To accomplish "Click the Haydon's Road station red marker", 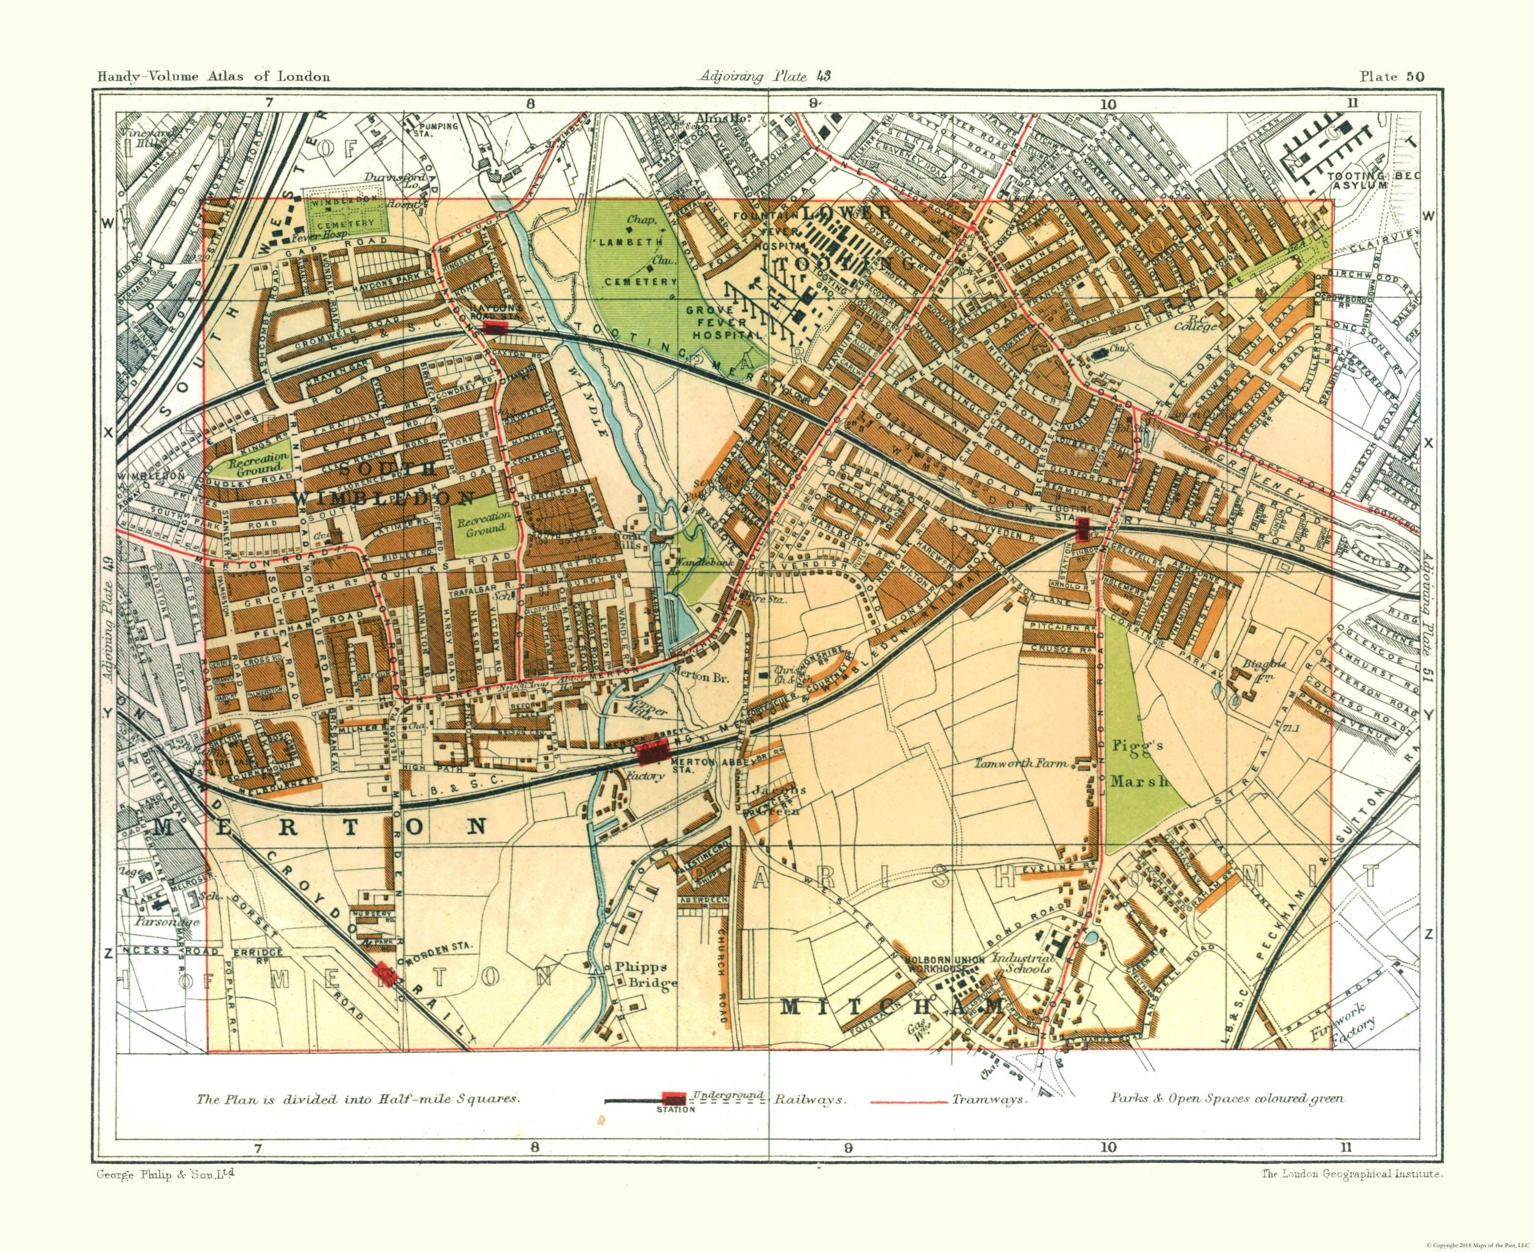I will (495, 327).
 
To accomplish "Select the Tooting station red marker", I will (1082, 529).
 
